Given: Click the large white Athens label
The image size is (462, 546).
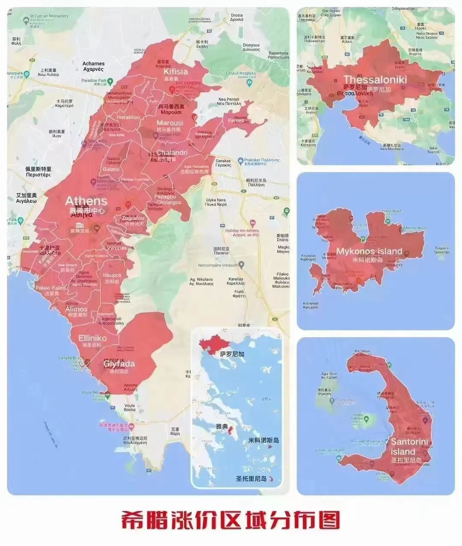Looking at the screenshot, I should pyautogui.click(x=86, y=201).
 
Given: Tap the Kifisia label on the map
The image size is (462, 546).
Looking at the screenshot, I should pyautogui.click(x=176, y=72).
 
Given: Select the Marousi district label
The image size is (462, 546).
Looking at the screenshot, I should pyautogui.click(x=169, y=123).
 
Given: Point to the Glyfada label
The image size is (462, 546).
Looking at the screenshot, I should pyautogui.click(x=119, y=364).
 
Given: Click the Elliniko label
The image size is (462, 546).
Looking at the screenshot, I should pyautogui.click(x=92, y=338).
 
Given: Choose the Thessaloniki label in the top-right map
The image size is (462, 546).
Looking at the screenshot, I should pyautogui.click(x=375, y=79).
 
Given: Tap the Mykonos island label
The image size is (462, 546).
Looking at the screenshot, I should pyautogui.click(x=369, y=251).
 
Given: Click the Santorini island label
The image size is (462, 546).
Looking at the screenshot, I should pyautogui.click(x=404, y=446).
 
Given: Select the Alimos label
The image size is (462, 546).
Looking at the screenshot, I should pyautogui.click(x=76, y=309).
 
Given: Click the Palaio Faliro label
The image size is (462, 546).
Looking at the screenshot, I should pyautogui.click(x=50, y=288).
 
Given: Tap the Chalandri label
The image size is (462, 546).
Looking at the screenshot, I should pyautogui.click(x=172, y=153).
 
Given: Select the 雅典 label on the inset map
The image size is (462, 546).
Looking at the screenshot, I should pyautogui.click(x=222, y=426).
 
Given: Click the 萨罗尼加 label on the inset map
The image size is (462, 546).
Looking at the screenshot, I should pyautogui.click(x=232, y=354).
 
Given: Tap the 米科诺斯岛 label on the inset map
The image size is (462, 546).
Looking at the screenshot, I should pyautogui.click(x=264, y=440).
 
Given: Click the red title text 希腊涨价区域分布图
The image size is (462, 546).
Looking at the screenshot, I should pyautogui.click(x=231, y=520).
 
